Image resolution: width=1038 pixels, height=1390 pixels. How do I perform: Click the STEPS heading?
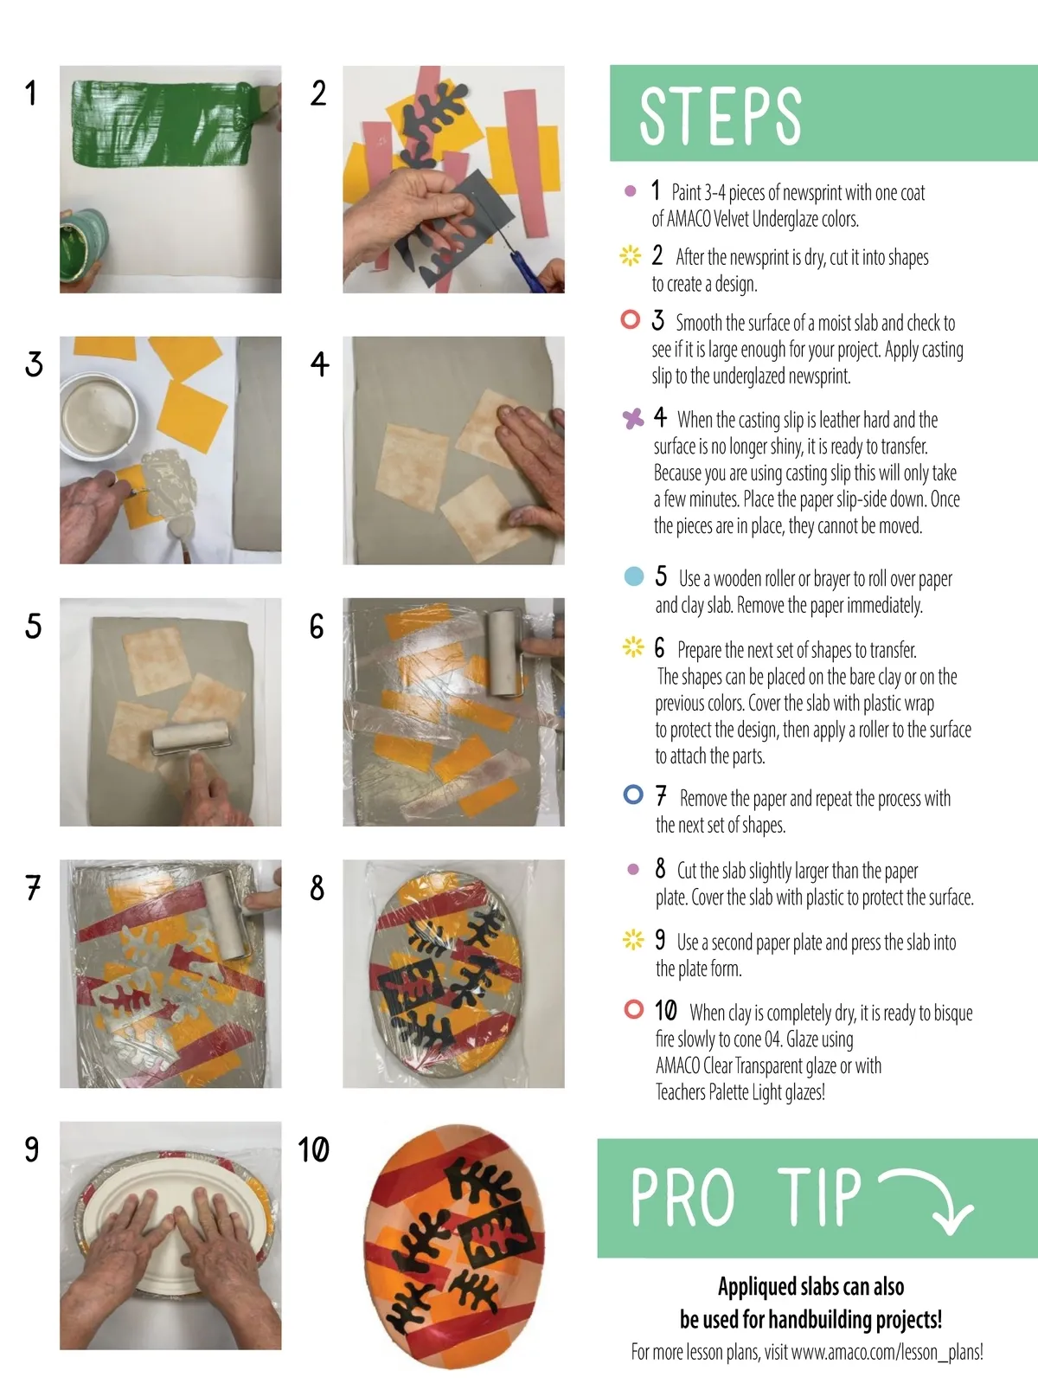tap(721, 116)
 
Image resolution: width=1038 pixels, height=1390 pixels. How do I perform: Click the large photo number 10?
tap(314, 1149)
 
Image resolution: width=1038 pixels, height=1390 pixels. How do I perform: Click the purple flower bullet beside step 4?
tap(633, 418)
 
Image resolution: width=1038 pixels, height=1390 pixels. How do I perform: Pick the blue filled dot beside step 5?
tap(633, 576)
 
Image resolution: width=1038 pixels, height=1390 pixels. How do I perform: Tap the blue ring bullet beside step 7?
tap(633, 795)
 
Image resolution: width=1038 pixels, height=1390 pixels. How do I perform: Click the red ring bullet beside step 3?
tap(631, 319)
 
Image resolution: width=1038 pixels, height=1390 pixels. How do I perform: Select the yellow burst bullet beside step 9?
tap(633, 939)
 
